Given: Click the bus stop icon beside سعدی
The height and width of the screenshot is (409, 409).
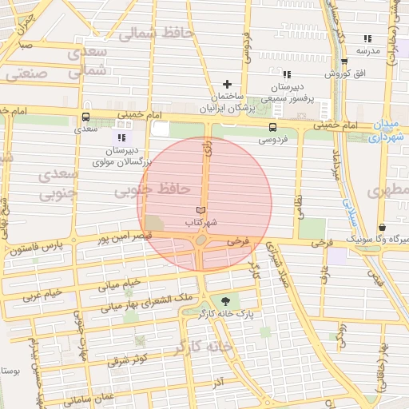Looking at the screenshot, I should point(85,117).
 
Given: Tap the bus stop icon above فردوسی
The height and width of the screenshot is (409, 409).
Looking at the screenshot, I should point(273,127).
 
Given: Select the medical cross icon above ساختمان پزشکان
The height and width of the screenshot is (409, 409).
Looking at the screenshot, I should point(228,84).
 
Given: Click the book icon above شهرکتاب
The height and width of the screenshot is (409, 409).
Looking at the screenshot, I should point(201,210).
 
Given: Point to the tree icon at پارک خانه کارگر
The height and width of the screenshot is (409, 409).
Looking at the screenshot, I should point(227,301).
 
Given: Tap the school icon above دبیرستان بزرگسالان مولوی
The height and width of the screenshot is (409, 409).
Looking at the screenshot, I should point(122,137).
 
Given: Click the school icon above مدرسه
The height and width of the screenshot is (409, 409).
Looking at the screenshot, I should point(367,38).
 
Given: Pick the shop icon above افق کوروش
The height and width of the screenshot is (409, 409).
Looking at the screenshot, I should point(344,62).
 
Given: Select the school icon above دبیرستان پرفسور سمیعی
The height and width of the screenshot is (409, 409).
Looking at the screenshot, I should point(286,73).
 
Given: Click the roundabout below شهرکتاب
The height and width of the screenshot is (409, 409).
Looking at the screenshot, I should point(201,240).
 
